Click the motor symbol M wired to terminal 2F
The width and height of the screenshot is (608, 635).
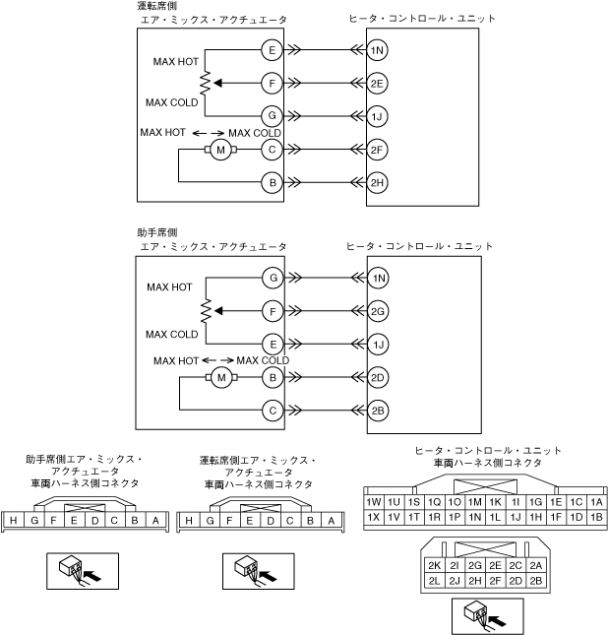click(x=220, y=150)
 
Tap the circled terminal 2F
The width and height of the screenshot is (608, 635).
click(x=378, y=150)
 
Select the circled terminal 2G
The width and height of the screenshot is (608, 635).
click(x=378, y=311)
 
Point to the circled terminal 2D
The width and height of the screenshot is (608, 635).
click(x=378, y=377)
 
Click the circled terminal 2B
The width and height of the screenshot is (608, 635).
click(x=378, y=411)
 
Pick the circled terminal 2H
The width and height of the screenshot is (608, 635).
click(x=378, y=183)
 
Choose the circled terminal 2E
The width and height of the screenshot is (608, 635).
click(x=378, y=84)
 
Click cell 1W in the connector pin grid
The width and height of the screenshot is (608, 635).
click(x=373, y=502)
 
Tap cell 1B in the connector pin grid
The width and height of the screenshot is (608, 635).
click(x=595, y=517)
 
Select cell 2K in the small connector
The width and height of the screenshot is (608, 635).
click(x=433, y=565)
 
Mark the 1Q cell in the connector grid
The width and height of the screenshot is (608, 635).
click(x=434, y=502)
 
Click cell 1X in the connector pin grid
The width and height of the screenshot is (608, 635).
click(x=373, y=517)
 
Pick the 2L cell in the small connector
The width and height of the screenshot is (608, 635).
click(x=433, y=580)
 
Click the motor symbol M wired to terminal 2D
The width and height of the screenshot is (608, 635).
click(x=221, y=377)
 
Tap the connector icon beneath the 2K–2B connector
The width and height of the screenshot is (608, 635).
click(x=475, y=616)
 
